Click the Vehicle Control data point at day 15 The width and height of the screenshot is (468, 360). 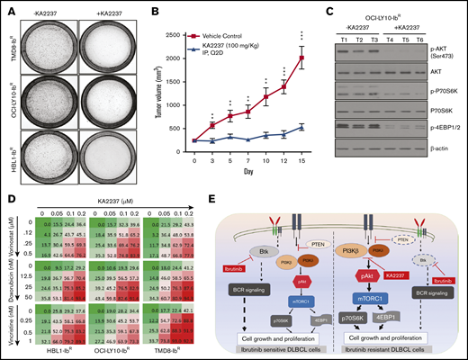tap(301, 58)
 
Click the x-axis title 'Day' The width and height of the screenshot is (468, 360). tap(248, 170)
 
